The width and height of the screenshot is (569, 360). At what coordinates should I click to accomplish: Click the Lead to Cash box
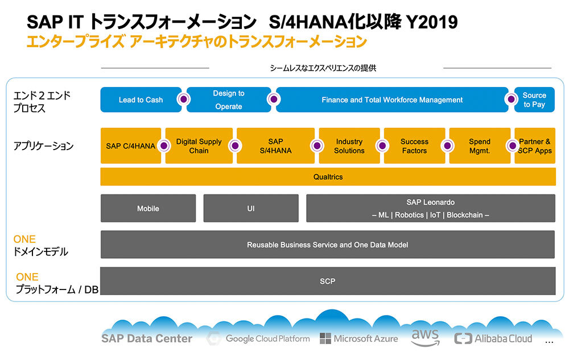[141, 100]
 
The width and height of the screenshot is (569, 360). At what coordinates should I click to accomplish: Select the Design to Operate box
[229, 100]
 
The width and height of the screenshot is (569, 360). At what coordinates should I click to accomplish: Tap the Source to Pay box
[534, 100]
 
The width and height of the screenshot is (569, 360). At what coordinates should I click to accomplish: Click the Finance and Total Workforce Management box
[392, 100]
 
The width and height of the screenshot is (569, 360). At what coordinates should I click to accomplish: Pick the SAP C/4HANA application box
[131, 146]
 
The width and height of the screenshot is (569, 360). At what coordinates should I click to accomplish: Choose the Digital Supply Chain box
[199, 146]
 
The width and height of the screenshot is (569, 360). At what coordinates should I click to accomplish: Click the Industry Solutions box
[349, 146]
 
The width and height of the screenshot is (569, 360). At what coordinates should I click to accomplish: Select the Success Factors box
[414, 146]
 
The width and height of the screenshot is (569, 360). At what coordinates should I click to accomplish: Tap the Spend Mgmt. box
[479, 146]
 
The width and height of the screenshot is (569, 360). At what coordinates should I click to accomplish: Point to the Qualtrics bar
[328, 176]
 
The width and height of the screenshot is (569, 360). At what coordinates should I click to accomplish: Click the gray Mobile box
[148, 209]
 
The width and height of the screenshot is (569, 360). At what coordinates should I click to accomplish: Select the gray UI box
[251, 209]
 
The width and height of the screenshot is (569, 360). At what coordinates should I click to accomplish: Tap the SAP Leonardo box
[430, 209]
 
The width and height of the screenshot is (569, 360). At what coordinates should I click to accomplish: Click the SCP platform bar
[327, 281]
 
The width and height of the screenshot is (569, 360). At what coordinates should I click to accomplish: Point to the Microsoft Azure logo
[358, 338]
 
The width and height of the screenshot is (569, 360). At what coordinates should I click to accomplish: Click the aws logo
[425, 337]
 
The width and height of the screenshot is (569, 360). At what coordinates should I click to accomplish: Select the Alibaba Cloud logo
[493, 338]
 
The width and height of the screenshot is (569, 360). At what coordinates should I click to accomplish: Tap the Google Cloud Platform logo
[258, 338]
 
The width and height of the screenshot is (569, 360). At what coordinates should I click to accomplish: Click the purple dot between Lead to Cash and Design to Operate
[184, 99]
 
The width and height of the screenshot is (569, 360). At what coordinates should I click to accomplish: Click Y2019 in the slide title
[432, 22]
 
